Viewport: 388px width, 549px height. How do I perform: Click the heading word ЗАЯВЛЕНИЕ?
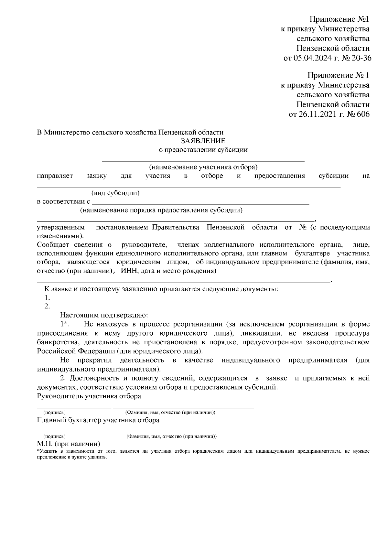click(203, 141)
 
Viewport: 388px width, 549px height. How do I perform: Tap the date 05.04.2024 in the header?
click(313, 59)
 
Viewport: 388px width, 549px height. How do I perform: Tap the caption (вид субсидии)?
click(115, 193)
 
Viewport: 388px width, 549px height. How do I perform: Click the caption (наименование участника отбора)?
click(203, 167)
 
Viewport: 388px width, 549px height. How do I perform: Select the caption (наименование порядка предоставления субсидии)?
click(161, 210)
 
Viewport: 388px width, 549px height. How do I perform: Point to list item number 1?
click(47, 297)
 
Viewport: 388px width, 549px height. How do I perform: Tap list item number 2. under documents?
click(47, 306)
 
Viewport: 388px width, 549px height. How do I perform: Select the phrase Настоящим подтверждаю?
click(104, 315)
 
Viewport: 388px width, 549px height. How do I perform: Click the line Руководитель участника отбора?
click(89, 396)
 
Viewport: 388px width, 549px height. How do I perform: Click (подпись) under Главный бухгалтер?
click(54, 436)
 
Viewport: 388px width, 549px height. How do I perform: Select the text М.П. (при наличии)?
click(69, 444)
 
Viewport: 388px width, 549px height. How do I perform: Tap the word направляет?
click(55, 176)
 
